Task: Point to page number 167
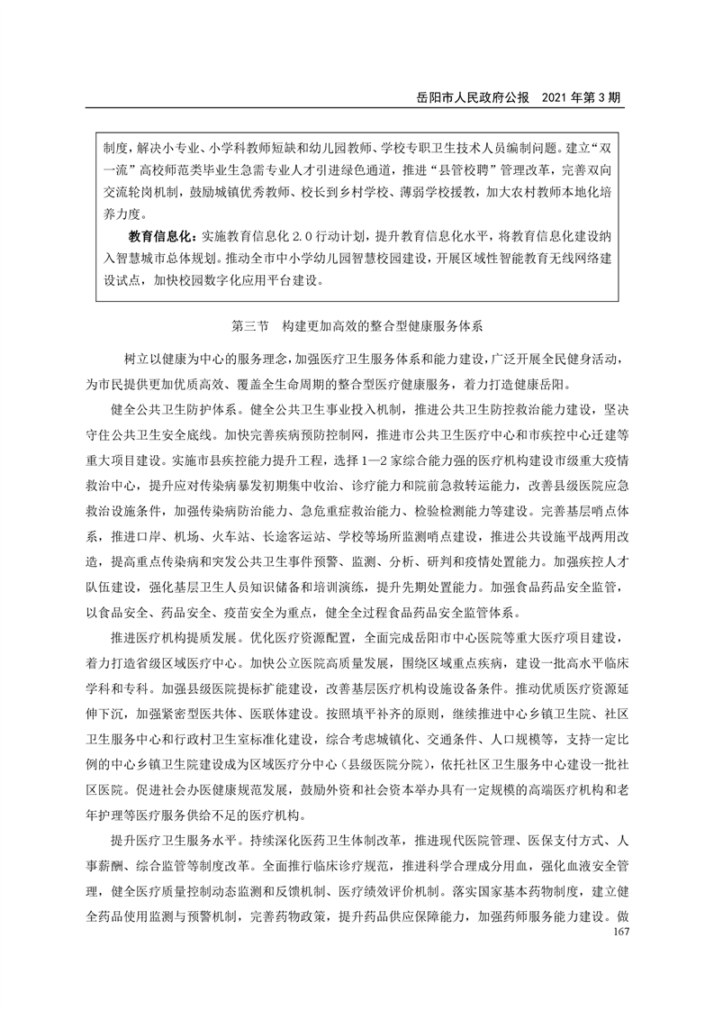[617, 931]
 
